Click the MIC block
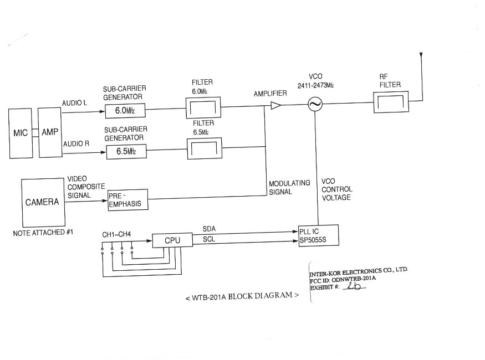[21, 133]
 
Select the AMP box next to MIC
[49, 133]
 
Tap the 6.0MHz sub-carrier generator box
[125, 111]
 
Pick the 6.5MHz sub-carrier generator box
[126, 151]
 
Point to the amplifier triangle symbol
[275, 105]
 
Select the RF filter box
[391, 101]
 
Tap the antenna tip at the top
[422, 54]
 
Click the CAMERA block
[42, 202]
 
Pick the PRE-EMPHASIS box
[125, 199]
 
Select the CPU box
[172, 240]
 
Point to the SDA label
[210, 228]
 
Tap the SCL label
[209, 240]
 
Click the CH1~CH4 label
[116, 234]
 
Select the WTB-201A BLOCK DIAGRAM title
[242, 296]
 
